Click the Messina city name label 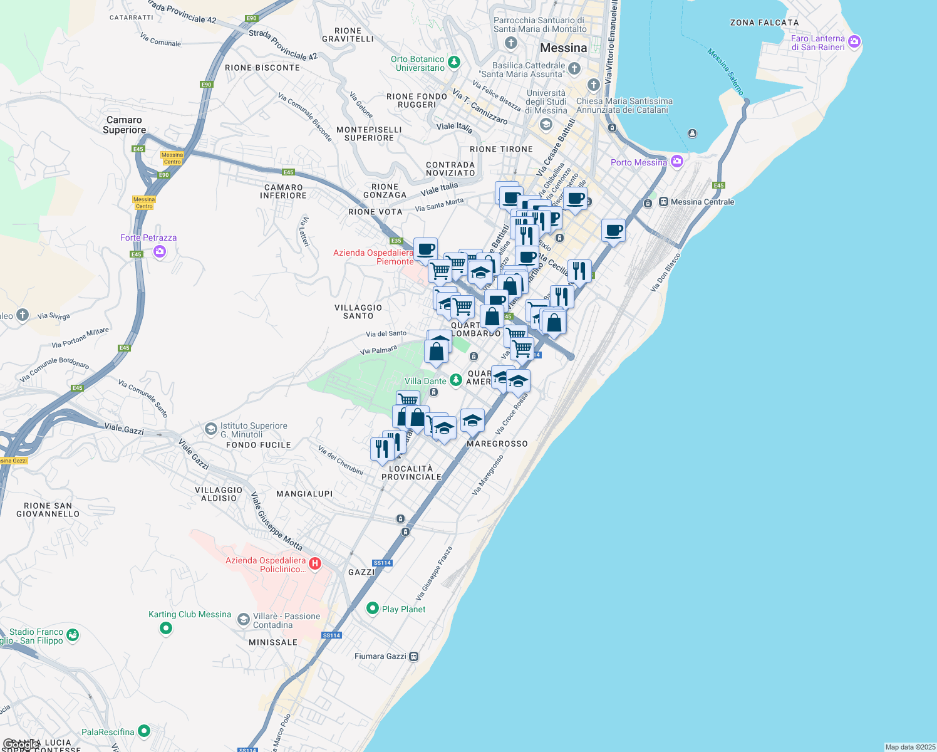[x=564, y=48]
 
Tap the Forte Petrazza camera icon [x=160, y=251]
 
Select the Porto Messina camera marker [x=676, y=162]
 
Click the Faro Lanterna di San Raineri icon [x=854, y=42]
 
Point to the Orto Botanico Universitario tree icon [x=454, y=62]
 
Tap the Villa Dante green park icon [x=456, y=379]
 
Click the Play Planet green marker [x=373, y=608]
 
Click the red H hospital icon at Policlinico [x=315, y=563]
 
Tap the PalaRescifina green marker [x=144, y=731]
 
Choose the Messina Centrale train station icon [x=663, y=202]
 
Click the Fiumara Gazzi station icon [x=413, y=656]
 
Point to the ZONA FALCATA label [x=764, y=23]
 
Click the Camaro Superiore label [x=124, y=125]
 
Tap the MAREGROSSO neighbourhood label [x=497, y=444]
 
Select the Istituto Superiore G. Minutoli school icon [x=211, y=429]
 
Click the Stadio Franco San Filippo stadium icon [x=73, y=635]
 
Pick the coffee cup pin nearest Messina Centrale [x=613, y=231]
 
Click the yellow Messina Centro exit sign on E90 [x=172, y=158]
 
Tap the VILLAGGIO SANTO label [x=358, y=311]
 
